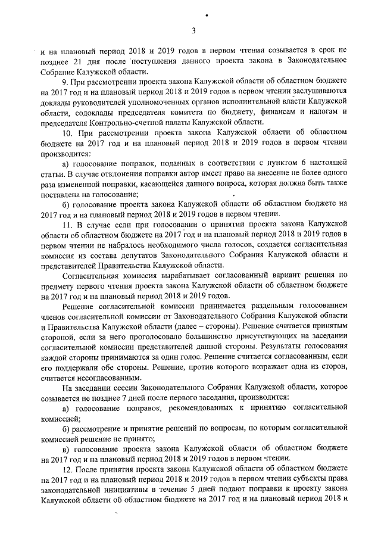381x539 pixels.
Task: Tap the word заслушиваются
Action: (317, 92)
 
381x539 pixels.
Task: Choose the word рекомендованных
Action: (193, 408)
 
